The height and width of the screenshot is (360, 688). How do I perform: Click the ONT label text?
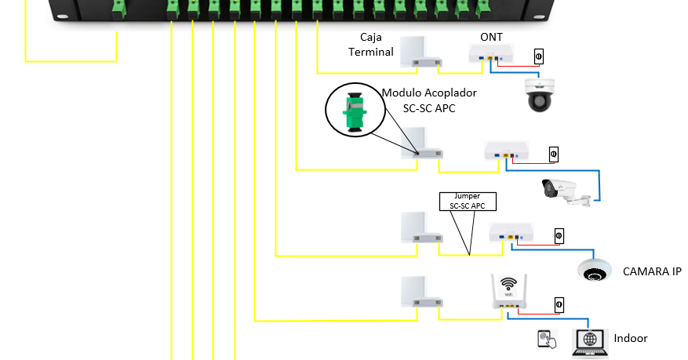[491, 38]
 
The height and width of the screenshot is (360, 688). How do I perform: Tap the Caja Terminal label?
[371, 44]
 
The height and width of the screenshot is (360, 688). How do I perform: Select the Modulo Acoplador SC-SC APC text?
[429, 100]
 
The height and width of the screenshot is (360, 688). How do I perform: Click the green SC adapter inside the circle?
[355, 111]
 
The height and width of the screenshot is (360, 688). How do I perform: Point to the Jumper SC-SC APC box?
[468, 202]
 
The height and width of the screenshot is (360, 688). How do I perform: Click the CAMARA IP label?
[652, 271]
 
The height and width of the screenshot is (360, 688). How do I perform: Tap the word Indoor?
[631, 338]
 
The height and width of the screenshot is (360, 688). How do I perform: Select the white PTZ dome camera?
[539, 95]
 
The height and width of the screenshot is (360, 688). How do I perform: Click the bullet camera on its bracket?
[566, 192]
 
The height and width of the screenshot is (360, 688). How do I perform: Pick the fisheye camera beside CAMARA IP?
[595, 270]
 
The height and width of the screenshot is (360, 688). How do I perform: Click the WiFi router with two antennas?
[509, 292]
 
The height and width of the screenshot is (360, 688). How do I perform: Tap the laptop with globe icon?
[590, 343]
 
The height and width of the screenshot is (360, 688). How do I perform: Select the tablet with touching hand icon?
[547, 340]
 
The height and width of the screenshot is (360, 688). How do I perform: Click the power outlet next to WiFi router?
[559, 305]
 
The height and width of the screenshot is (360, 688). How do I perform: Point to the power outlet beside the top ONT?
[539, 56]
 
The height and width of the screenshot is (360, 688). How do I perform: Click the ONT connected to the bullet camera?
[506, 151]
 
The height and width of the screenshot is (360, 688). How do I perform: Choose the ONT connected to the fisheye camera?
[511, 232]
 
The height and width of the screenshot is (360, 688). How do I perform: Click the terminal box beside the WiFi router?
[421, 292]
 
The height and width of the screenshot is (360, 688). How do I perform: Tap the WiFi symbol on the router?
[508, 284]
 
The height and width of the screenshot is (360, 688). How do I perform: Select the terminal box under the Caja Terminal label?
[420, 52]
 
